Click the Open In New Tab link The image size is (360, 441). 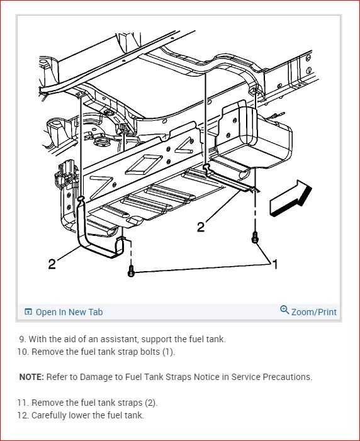pyautogui.click(x=69, y=312)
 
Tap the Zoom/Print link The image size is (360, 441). pyautogui.click(x=314, y=312)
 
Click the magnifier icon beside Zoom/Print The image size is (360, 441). pyautogui.click(x=284, y=310)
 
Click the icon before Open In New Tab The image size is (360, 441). pyautogui.click(x=28, y=311)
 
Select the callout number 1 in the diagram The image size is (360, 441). pyautogui.click(x=275, y=264)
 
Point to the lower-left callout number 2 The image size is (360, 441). pyautogui.click(x=52, y=264)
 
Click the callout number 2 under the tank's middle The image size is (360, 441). pyautogui.click(x=201, y=226)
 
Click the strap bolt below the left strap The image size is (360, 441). pyautogui.click(x=131, y=271)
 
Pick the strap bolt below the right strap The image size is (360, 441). pyautogui.click(x=255, y=237)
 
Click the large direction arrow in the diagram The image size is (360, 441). pyautogui.click(x=291, y=198)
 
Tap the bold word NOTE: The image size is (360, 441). pyautogui.click(x=31, y=377)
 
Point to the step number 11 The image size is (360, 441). pyautogui.click(x=23, y=403)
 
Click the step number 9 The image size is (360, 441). pyautogui.click(x=23, y=339)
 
